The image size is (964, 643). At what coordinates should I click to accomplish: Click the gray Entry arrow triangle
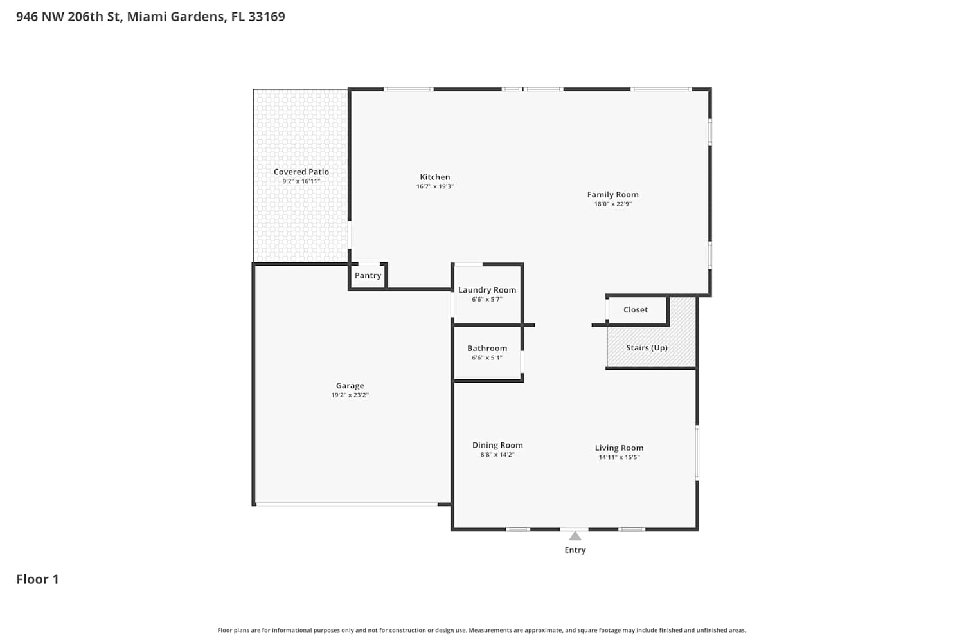[x=575, y=536]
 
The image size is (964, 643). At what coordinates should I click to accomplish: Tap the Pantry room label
[x=368, y=276]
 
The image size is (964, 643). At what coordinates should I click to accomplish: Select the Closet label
[x=636, y=310]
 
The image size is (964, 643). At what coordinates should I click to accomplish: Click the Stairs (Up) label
[x=647, y=348]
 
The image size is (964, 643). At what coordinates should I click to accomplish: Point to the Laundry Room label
[x=487, y=290]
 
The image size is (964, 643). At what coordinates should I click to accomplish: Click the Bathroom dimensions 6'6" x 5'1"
[x=487, y=358]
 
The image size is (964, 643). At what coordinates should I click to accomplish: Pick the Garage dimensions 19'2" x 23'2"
[x=350, y=395]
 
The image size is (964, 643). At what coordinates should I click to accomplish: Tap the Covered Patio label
[x=301, y=172]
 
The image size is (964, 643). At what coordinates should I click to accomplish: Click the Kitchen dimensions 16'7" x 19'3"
[x=435, y=186]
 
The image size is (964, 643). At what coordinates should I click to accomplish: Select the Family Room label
[x=613, y=195]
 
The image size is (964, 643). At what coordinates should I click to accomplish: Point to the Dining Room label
[x=497, y=446]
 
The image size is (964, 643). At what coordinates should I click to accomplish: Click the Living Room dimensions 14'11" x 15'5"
[x=620, y=457]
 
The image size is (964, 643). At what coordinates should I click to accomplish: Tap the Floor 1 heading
[x=37, y=579]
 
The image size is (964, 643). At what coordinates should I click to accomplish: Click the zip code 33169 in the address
[x=267, y=16]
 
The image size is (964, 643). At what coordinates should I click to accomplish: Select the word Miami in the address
[x=147, y=16]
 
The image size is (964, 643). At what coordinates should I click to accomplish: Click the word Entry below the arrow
[x=575, y=550]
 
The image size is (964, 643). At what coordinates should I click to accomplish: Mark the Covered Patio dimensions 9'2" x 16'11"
[x=301, y=181]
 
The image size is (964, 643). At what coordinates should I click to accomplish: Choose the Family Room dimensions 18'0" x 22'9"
[x=613, y=204]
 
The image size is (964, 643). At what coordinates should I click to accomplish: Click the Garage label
[x=350, y=386]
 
